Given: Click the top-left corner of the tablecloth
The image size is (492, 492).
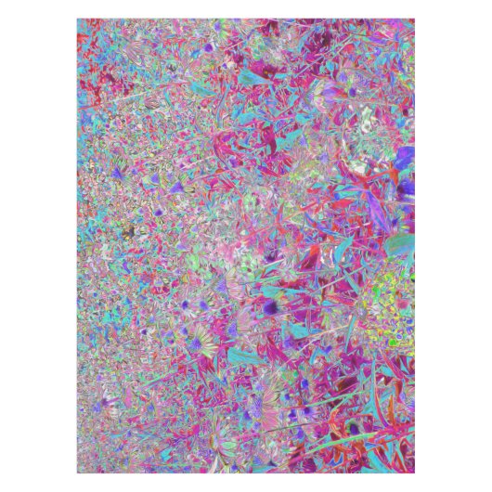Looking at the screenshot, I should (x=78, y=19).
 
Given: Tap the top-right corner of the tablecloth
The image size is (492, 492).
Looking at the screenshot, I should (x=414, y=19).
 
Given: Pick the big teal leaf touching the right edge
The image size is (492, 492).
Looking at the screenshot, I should (x=399, y=246).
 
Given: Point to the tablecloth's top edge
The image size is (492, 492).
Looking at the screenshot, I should (x=246, y=19).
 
